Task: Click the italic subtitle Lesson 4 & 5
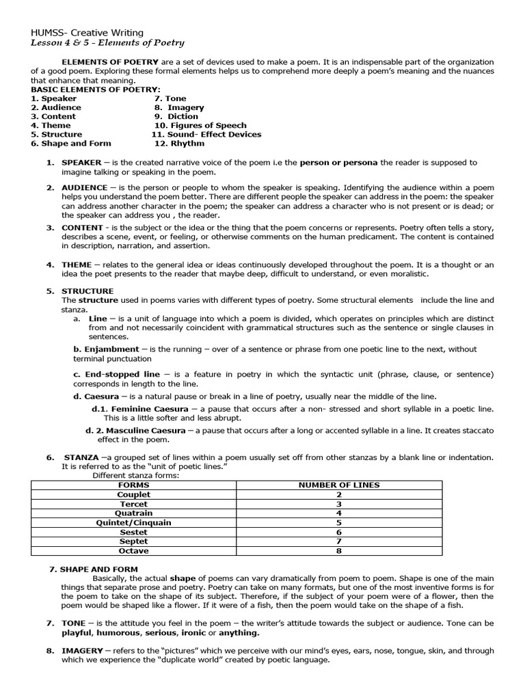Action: (107, 43)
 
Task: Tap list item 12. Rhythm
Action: (178, 144)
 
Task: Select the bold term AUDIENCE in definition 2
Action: (84, 187)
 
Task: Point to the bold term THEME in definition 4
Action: (76, 265)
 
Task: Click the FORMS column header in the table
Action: (134, 485)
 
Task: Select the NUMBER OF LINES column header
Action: (338, 485)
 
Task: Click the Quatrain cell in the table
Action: (134, 513)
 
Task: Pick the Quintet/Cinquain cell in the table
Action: (134, 522)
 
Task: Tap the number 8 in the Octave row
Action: (338, 551)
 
